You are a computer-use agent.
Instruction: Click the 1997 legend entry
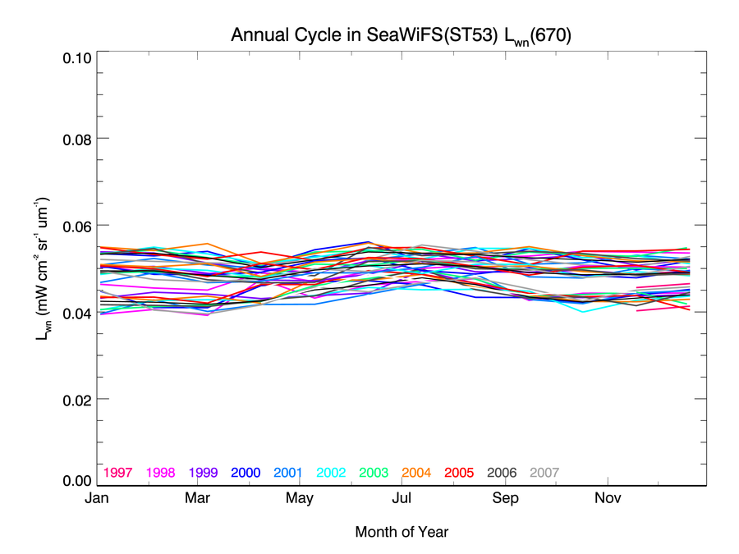pyautogui.click(x=118, y=473)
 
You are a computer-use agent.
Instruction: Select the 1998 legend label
pyautogui.click(x=161, y=473)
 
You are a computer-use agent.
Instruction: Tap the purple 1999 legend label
pyautogui.click(x=204, y=473)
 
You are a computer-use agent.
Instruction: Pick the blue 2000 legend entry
pyautogui.click(x=246, y=473)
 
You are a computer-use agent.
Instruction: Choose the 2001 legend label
pyautogui.click(x=288, y=473)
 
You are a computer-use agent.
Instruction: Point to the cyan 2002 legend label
pyautogui.click(x=331, y=473)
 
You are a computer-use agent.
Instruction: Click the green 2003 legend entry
pyautogui.click(x=374, y=473)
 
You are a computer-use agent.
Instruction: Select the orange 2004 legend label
pyautogui.click(x=416, y=473)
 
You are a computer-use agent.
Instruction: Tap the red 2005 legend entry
pyautogui.click(x=459, y=473)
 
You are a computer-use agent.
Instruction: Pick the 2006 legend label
pyautogui.click(x=502, y=473)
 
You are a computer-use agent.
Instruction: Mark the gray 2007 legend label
pyautogui.click(x=544, y=473)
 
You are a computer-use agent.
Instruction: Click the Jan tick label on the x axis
pyautogui.click(x=97, y=499)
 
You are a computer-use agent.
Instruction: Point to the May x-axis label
pyautogui.click(x=300, y=499)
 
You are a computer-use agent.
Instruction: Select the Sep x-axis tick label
pyautogui.click(x=505, y=499)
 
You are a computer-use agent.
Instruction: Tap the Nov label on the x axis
pyautogui.click(x=607, y=499)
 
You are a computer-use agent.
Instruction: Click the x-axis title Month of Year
pyautogui.click(x=402, y=532)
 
